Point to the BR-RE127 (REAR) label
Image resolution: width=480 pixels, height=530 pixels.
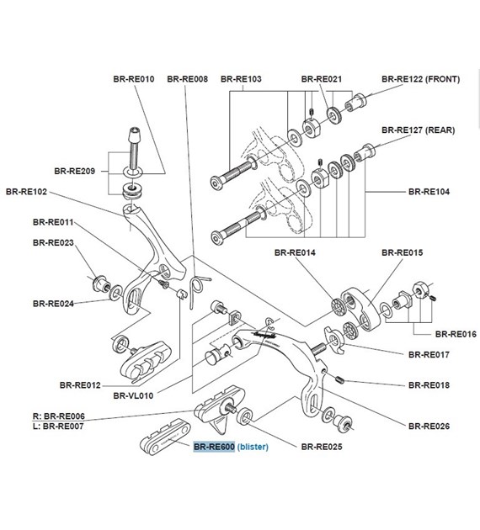(419, 130)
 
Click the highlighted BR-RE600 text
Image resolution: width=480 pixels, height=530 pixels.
(214, 447)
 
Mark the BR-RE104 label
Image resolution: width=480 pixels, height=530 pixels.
(429, 192)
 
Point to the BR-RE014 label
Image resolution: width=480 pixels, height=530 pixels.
(296, 252)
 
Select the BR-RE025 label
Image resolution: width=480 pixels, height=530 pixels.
(322, 447)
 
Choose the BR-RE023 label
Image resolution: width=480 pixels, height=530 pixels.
(54, 242)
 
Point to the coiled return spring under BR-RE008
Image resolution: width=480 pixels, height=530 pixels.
(196, 288)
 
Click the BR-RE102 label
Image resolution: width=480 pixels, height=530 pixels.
(27, 192)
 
